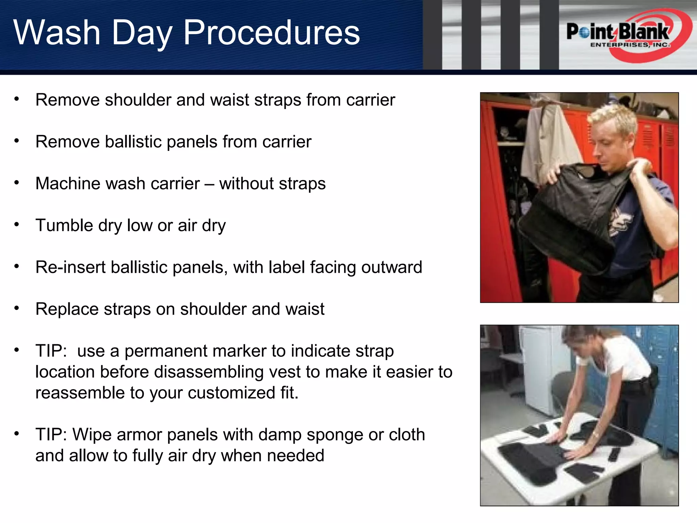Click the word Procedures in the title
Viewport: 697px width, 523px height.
[272, 33]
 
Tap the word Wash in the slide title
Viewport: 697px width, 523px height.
[57, 33]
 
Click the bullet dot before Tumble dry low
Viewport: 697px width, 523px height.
[16, 225]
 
